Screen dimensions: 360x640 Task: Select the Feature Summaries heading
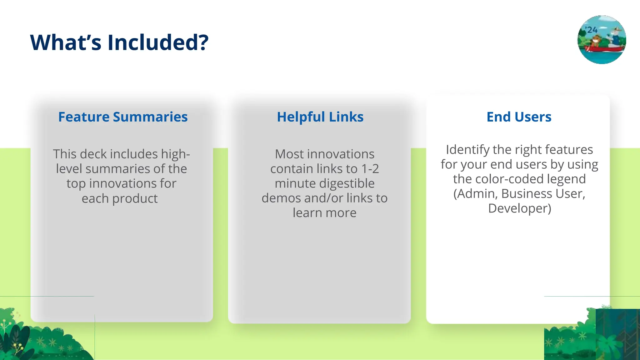(x=123, y=117)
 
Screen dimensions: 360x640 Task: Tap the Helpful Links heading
(x=320, y=117)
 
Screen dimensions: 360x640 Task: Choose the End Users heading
(x=519, y=117)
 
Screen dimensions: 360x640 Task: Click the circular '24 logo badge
(x=601, y=40)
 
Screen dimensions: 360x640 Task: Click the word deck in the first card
(x=93, y=154)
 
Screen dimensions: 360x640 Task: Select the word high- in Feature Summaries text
(x=175, y=154)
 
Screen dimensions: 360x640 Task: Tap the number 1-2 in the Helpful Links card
(x=370, y=169)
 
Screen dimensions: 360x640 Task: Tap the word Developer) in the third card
(x=519, y=208)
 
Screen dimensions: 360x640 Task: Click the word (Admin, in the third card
(x=475, y=194)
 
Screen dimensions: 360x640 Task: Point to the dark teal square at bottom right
(x=617, y=334)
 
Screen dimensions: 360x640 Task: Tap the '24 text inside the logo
(x=591, y=30)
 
